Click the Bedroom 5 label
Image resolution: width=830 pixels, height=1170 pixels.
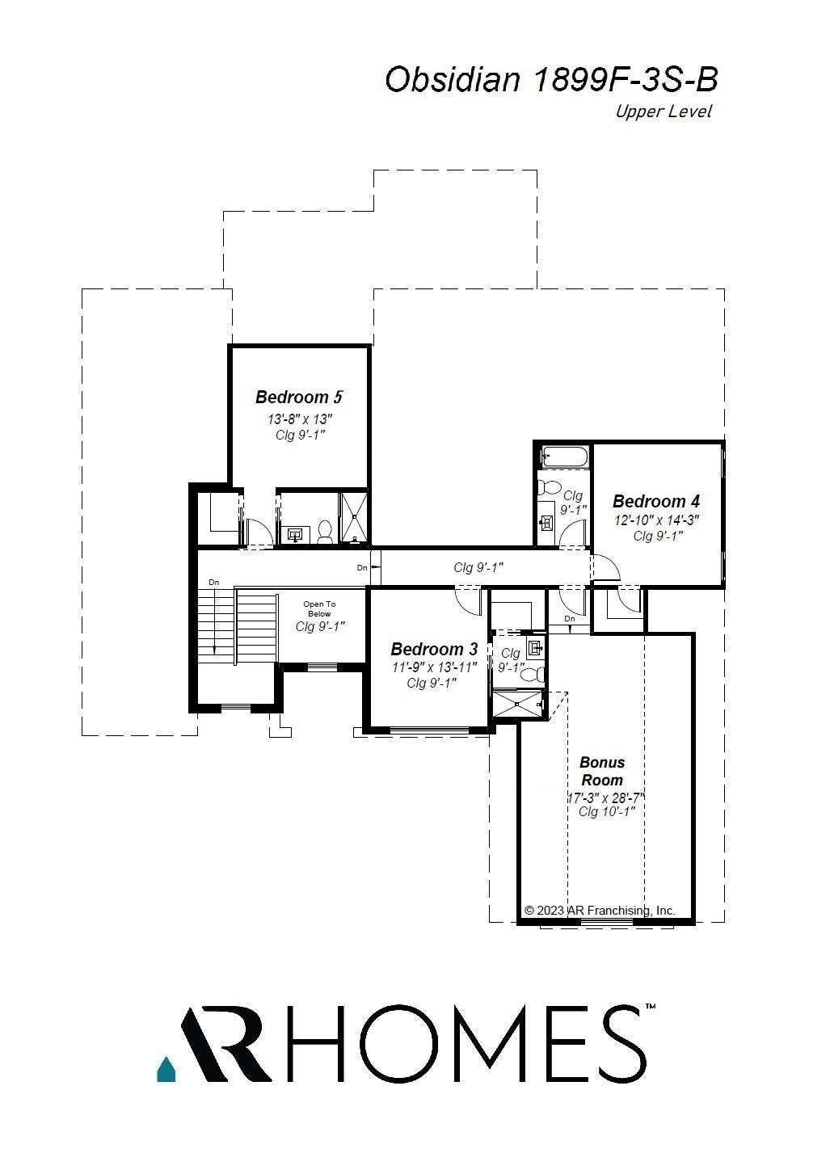(x=299, y=397)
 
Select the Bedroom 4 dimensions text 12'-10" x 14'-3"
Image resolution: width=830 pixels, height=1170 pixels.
(x=655, y=520)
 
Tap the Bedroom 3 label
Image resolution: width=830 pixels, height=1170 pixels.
(x=434, y=649)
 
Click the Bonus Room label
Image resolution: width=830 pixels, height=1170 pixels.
(x=602, y=771)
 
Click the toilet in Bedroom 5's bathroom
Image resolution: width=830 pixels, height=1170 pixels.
(x=326, y=531)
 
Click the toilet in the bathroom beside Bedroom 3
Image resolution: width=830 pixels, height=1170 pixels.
(x=537, y=672)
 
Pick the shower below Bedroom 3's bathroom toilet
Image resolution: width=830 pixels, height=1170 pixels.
(x=518, y=704)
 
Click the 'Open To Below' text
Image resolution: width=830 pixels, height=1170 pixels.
(x=319, y=608)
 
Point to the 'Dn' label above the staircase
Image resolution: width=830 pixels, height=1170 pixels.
(x=213, y=582)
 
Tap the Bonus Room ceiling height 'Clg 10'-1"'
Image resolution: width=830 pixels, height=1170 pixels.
(x=601, y=811)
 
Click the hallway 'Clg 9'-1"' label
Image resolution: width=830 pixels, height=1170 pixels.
(x=478, y=568)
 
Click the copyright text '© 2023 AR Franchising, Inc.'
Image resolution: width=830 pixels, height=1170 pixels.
(x=600, y=910)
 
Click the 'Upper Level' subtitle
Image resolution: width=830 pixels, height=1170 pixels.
(x=663, y=112)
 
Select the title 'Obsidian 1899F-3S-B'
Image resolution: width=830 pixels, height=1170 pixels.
(x=551, y=80)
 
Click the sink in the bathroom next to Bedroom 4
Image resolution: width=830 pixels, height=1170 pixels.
(x=546, y=521)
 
